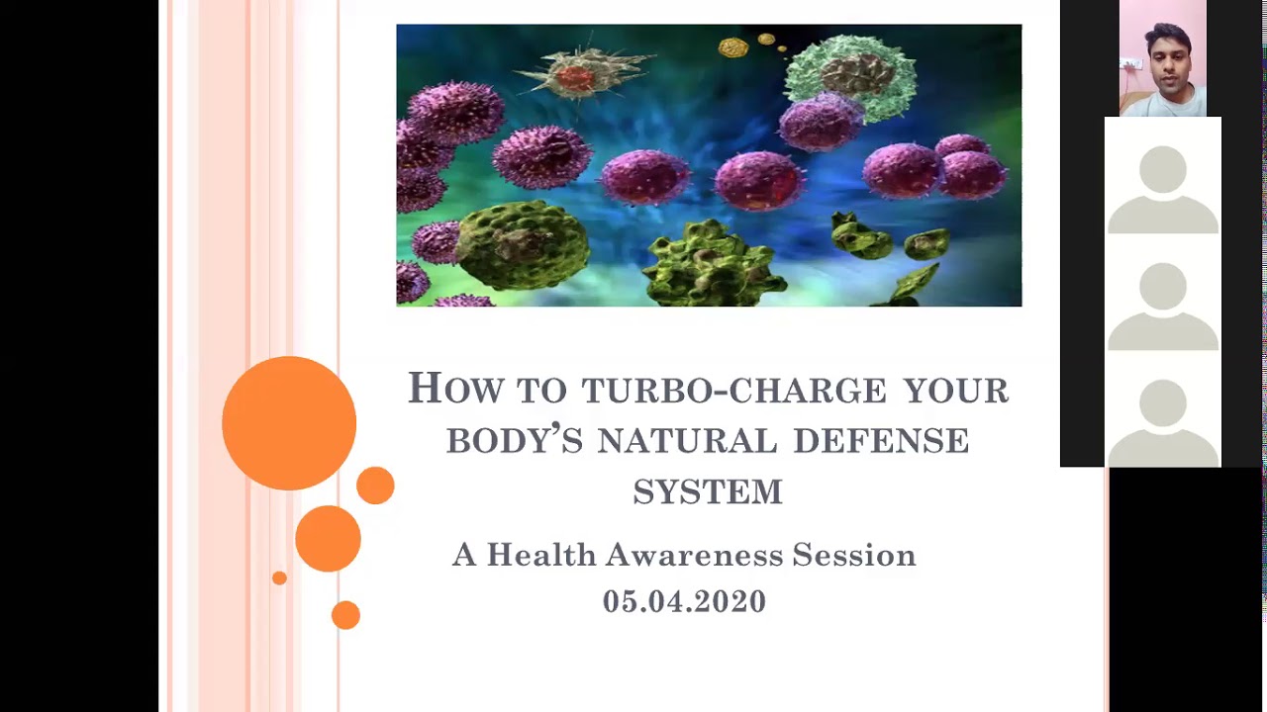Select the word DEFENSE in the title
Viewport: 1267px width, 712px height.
click(x=881, y=441)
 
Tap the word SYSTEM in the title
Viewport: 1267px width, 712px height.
click(x=708, y=491)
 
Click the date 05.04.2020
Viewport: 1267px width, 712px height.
click(x=684, y=600)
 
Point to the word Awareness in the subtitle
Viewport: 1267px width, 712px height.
click(x=695, y=555)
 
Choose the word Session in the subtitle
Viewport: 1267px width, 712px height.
click(x=854, y=555)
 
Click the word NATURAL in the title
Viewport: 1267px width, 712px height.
click(x=687, y=441)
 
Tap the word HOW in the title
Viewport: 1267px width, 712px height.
click(x=455, y=388)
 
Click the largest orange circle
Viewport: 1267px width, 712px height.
click(x=289, y=422)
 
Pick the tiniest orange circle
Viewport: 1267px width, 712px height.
click(x=279, y=578)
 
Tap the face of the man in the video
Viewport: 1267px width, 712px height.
click(x=1167, y=62)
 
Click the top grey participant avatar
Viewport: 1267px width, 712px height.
click(x=1163, y=189)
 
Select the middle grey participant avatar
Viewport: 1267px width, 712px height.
click(x=1163, y=307)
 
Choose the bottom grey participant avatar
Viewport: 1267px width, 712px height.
click(x=1163, y=422)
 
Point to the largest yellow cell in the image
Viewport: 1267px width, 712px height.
click(x=733, y=47)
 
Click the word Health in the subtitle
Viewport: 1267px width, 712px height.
click(x=541, y=555)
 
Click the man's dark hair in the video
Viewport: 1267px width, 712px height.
click(x=1169, y=35)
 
